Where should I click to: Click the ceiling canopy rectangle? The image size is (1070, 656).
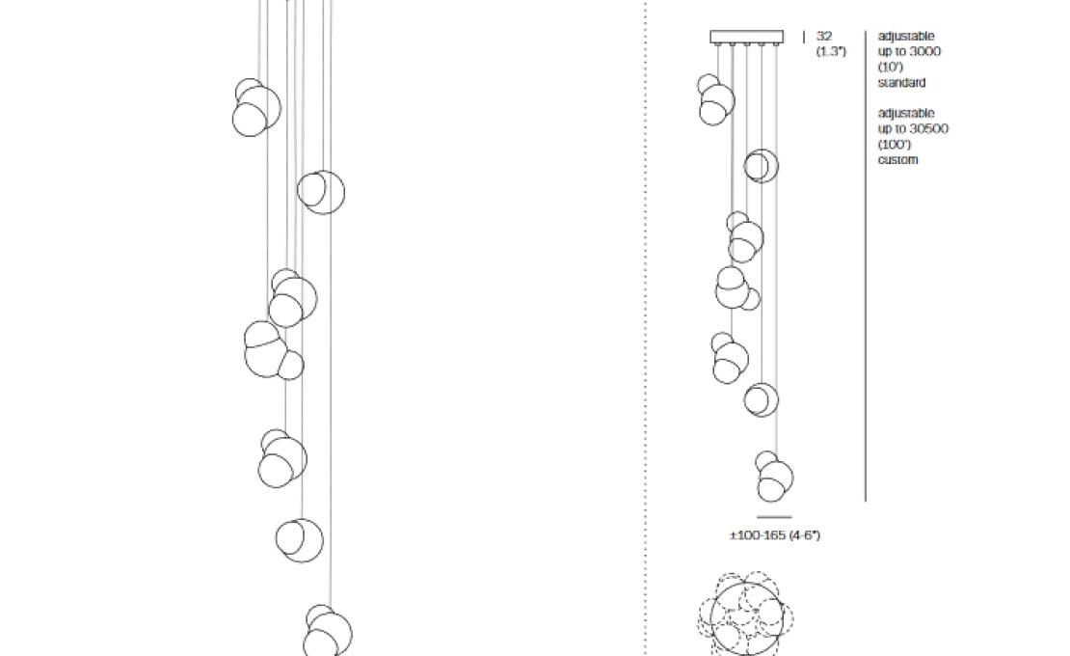click(x=746, y=37)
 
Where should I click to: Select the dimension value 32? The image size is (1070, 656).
click(x=824, y=37)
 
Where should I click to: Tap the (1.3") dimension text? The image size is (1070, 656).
click(x=831, y=51)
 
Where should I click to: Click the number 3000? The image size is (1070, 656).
click(x=924, y=51)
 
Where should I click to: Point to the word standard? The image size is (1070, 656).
click(x=901, y=83)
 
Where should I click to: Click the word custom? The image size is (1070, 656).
click(x=898, y=160)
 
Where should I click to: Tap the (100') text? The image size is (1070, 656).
click(x=895, y=144)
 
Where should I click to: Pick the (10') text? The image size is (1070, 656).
click(x=891, y=67)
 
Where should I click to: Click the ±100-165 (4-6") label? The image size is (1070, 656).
click(x=774, y=535)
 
